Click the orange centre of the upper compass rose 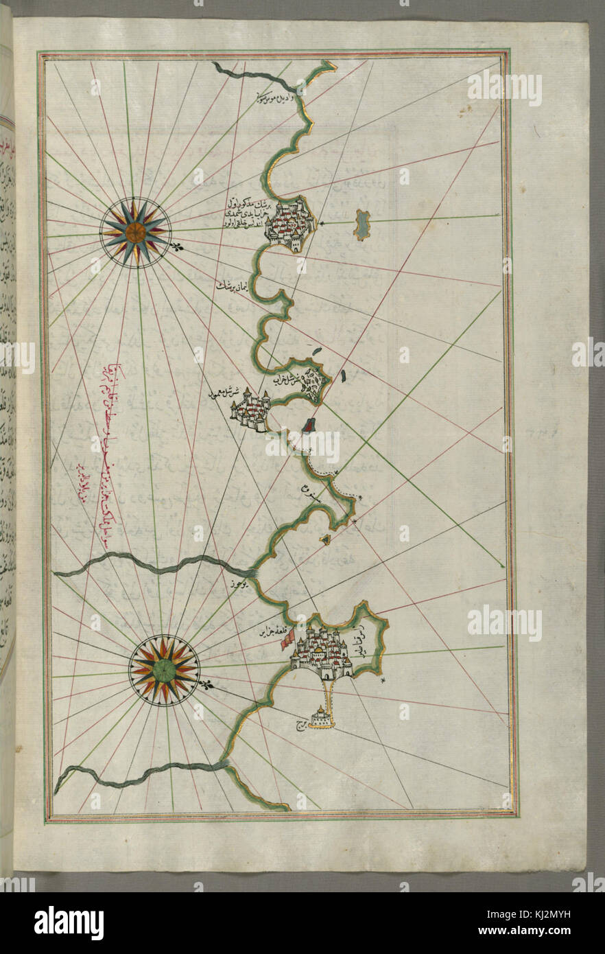click(135, 232)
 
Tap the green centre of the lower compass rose click(164, 670)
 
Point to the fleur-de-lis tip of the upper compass click(180, 247)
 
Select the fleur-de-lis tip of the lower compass click(207, 684)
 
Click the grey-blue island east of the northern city click(361, 224)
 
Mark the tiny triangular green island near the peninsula click(325, 539)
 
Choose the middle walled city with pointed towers click(251, 412)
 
